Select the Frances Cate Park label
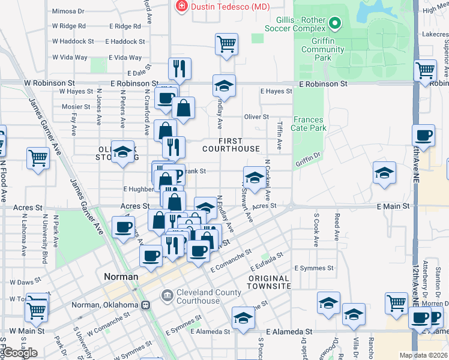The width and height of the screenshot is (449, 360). (x=309, y=124)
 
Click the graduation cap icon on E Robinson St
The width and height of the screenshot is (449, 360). (x=224, y=86)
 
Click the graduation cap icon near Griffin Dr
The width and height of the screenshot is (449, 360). (x=384, y=173)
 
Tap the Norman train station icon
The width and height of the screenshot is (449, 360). (x=145, y=305)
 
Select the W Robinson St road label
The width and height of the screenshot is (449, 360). (x=49, y=83)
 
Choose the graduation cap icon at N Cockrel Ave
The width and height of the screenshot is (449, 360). (x=255, y=178)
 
